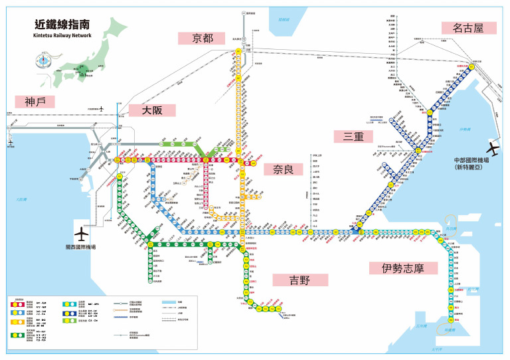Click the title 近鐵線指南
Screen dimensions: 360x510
pos(63,24)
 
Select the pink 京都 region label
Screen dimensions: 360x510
pos(203,38)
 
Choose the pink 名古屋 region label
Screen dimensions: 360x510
pos(469,28)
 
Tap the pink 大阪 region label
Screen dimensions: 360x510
pos(152,110)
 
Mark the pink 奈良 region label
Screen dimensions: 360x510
pos(278,169)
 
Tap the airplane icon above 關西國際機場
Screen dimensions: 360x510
pos(82,234)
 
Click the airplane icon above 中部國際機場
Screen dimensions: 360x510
pos(494,147)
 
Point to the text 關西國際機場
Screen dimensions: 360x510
pos(82,247)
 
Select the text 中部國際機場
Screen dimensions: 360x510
pos(471,161)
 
